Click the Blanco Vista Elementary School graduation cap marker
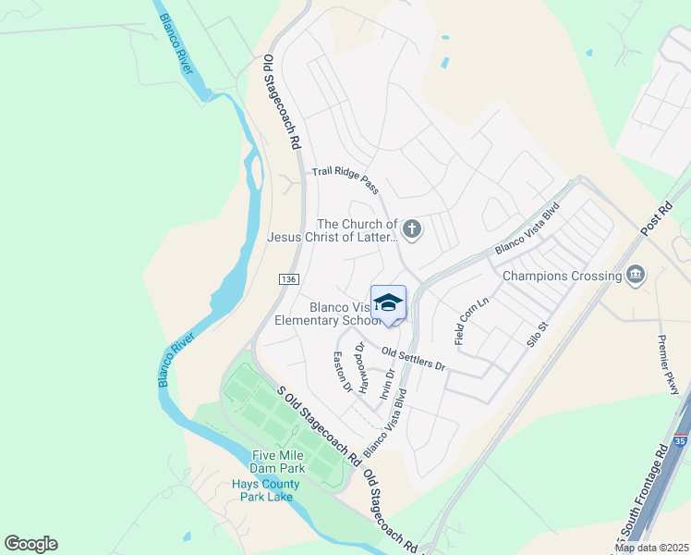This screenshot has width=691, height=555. [389, 303]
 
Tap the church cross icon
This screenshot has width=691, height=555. [412, 228]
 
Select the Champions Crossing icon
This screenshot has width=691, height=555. [636, 275]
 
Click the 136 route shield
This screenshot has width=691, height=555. [287, 277]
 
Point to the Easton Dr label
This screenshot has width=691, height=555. [343, 371]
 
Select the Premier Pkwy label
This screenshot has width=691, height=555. [669, 364]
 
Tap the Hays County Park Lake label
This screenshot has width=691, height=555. [265, 490]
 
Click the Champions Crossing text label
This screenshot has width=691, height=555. [562, 276]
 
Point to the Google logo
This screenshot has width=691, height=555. [30, 544]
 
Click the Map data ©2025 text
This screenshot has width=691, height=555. [651, 548]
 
